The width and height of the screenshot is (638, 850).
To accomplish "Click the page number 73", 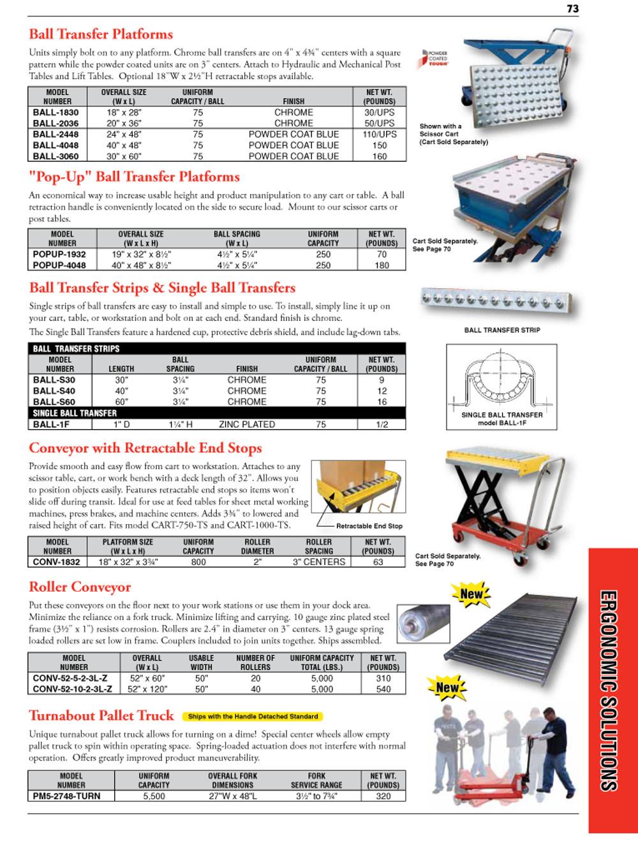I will point(572,8).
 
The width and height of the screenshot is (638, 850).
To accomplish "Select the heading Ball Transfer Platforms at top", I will point(101,34).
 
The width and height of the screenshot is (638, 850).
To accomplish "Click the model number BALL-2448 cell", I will point(56,135).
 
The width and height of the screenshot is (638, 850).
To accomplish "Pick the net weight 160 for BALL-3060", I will point(380,156).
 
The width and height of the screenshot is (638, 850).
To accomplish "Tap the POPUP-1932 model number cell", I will point(59,254).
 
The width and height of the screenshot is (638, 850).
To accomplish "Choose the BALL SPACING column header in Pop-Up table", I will point(237,238).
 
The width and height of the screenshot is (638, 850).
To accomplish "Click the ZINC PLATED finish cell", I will point(247,424).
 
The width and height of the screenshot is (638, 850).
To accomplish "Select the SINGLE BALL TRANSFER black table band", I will point(217,413).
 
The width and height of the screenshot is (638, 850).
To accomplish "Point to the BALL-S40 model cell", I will point(54,391).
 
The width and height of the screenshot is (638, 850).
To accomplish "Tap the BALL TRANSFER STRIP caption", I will point(502,330).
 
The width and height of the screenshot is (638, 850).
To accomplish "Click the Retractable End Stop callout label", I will point(369,526).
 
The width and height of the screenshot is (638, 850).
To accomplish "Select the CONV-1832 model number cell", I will point(57,562).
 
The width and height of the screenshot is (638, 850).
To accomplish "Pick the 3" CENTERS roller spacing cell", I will point(319,562).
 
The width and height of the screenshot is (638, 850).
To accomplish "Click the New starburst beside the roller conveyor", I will point(471,594).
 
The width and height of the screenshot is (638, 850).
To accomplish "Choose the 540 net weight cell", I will point(383,689).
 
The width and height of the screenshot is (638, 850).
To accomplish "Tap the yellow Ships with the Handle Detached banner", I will point(253,717).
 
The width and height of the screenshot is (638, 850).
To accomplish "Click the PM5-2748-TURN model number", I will point(67,796).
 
